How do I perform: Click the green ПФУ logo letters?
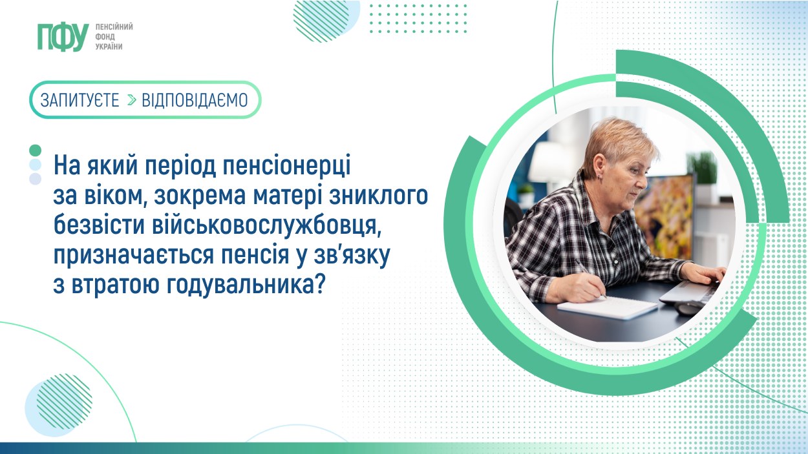63,37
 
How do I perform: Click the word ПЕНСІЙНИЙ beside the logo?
114,27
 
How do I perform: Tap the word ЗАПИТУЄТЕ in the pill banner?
80,100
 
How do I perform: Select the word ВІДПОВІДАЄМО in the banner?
195,100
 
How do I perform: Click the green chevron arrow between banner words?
131,100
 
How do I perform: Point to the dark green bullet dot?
36,150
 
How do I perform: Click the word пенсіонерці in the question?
284,166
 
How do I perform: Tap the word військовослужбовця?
266,225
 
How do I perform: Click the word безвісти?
100,225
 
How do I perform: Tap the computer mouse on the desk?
689,308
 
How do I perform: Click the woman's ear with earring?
599,167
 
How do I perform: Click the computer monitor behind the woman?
664,212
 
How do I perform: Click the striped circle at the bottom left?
59,405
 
